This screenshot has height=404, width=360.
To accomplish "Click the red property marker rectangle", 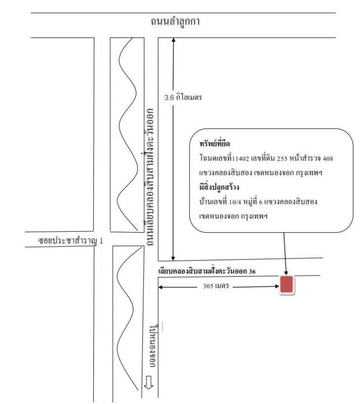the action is pos(287,285).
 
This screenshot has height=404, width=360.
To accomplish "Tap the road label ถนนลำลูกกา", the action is pos(175,22).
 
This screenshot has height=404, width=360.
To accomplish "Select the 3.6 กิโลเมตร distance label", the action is pos(183,97).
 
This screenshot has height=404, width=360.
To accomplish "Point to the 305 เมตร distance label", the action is pos(216,286).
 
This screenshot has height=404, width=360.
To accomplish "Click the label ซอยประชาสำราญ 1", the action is pos(70,241).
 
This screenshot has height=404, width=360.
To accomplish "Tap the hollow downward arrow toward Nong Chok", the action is pos(148,383).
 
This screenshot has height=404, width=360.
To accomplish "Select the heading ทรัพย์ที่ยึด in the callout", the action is pos(215,143).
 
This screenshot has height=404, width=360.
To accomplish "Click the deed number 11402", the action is pos(240,159).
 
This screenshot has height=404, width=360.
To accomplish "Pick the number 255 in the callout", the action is pos(282,159).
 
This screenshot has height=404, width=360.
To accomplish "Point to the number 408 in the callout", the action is pos(328,159).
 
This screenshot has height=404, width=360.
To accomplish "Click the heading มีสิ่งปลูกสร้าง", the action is pos(219,186).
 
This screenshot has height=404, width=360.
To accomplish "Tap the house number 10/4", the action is pos(235,202).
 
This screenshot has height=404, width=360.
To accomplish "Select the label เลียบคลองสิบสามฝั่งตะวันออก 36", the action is pos(207,271).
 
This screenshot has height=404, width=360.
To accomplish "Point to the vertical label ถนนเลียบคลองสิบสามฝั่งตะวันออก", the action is pos(149,177).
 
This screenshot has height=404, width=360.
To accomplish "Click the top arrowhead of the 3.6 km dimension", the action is pos(173,40).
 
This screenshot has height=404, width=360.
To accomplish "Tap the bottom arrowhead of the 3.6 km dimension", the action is pos(173,259).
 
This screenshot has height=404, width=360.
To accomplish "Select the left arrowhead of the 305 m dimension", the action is pos(160,287).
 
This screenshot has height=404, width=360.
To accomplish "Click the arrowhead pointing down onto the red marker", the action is pos(286,273).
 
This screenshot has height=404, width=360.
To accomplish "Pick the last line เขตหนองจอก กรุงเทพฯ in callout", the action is pos(233,216).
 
